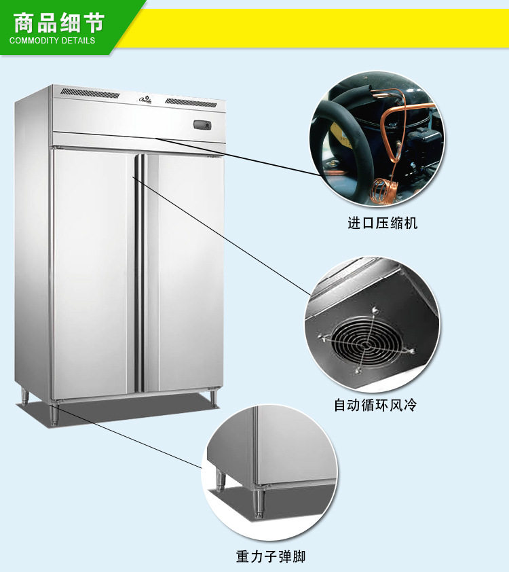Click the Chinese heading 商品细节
pos(59,22)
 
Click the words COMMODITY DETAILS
pos(52,40)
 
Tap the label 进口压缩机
pos(383,223)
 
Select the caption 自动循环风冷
pos(375,406)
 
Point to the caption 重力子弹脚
pos(271,557)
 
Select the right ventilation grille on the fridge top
pos(195,103)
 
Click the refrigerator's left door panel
pos(93,272)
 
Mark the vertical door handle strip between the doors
pos(140,272)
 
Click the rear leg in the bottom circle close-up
pos(221,478)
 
